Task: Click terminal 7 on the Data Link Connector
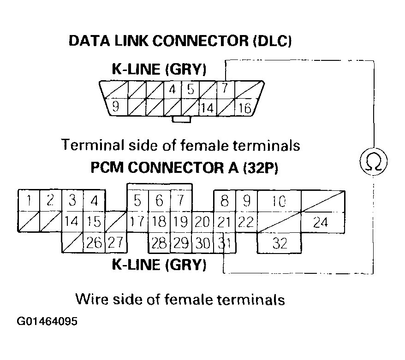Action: tap(225, 89)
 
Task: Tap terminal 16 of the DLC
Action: tap(244, 108)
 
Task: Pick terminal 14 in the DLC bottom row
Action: tap(208, 108)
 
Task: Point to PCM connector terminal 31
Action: tap(224, 242)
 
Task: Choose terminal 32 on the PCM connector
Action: tap(280, 242)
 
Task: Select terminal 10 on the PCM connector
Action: tap(279, 201)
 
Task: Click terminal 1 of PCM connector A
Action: tap(29, 201)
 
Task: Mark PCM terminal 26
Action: tap(94, 242)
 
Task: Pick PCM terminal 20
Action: tap(202, 222)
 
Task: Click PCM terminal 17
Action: tap(137, 222)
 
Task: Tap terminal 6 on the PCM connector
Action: tap(159, 201)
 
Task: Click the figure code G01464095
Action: tap(48, 321)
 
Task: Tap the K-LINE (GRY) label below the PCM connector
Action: tap(159, 265)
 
